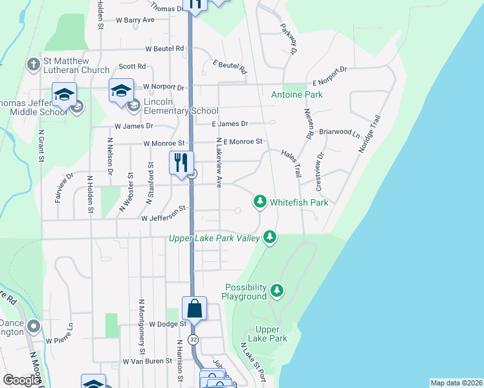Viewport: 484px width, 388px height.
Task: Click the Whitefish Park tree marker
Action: point(260,202)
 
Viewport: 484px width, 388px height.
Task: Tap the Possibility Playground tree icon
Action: point(278,291)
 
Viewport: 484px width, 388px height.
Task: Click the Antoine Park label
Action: point(296,95)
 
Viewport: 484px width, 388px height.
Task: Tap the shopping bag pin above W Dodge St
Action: point(194,309)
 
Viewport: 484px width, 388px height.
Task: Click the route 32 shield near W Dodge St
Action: point(193,339)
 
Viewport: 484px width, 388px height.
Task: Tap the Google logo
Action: point(21,380)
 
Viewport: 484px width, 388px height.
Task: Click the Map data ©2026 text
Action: point(456,383)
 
